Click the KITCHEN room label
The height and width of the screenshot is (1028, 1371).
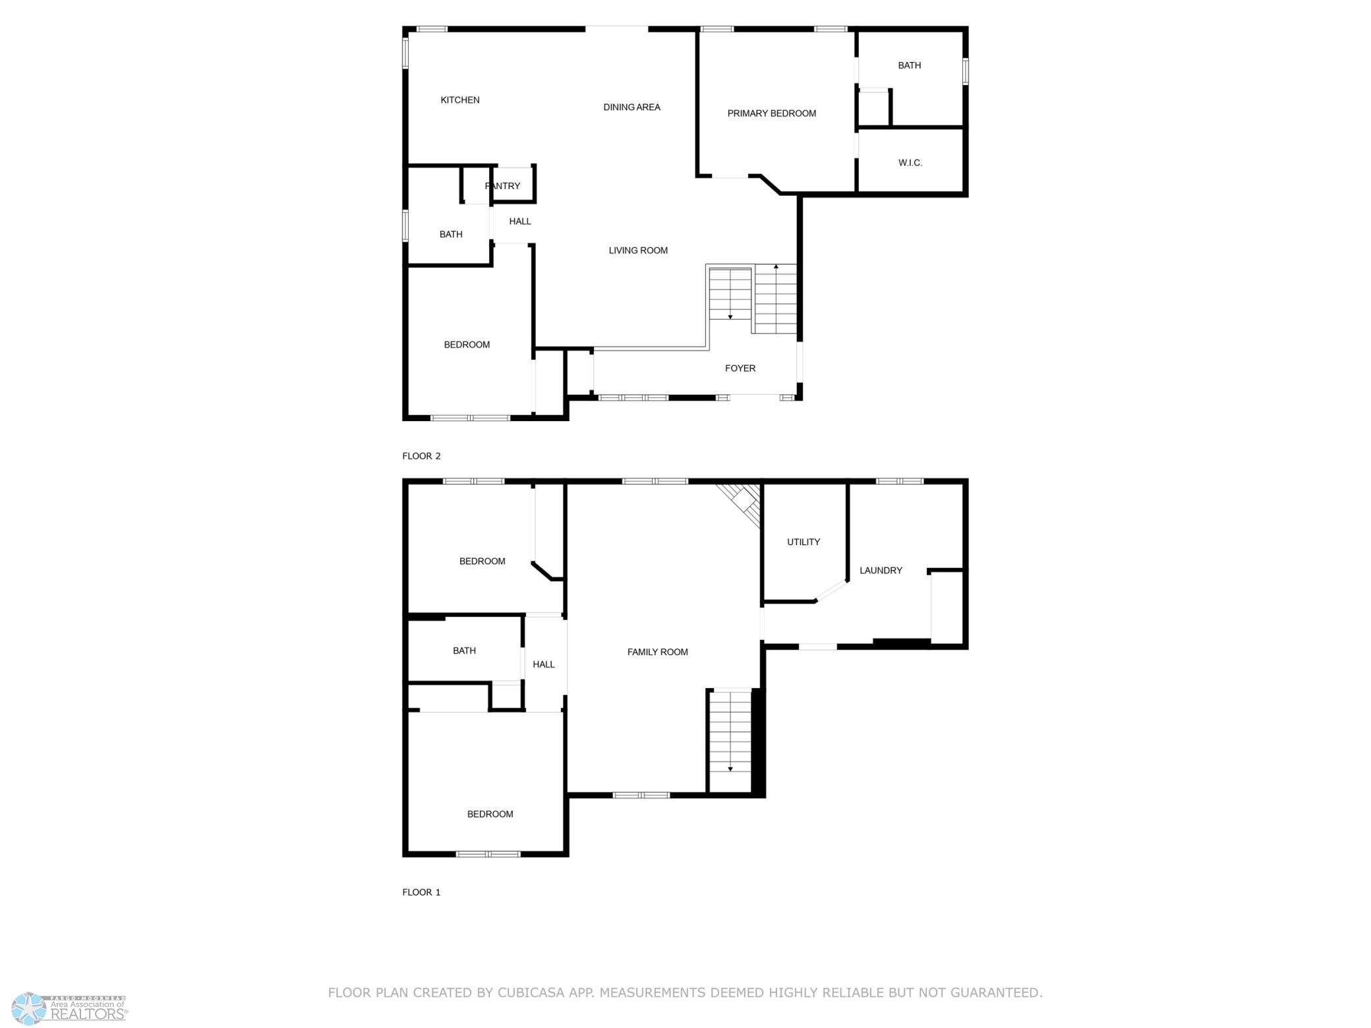point(460,100)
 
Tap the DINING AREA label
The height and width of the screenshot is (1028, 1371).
point(631,107)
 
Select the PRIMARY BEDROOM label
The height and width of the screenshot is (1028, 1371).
point(771,113)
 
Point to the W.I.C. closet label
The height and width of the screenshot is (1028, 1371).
point(910,163)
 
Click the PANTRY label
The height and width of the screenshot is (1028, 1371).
point(503,186)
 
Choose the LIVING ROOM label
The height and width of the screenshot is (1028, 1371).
point(638,250)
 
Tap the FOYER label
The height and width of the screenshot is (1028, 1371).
point(740,368)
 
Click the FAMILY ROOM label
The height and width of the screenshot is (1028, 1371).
point(657,652)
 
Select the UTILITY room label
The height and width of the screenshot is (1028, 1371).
point(803,542)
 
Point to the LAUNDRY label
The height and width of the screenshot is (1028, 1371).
point(881,570)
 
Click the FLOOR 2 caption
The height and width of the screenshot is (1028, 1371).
point(421,456)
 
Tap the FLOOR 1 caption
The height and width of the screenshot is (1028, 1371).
point(421,892)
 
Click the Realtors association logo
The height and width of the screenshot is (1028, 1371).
point(69,1008)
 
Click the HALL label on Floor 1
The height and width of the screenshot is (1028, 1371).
point(544,664)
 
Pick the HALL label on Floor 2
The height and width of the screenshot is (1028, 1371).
point(520,221)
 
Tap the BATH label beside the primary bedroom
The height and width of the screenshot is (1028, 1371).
point(910,65)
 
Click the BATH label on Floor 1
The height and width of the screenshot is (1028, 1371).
point(464,650)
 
